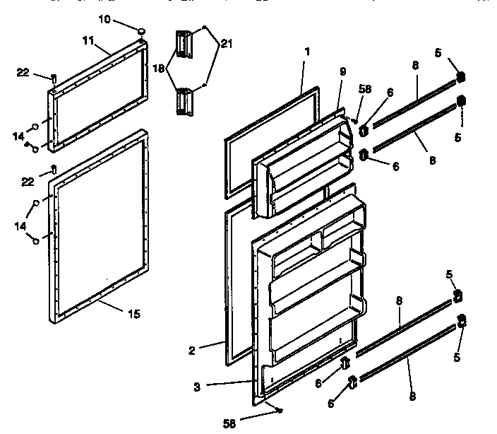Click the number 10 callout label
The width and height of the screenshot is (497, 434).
(x=104, y=20)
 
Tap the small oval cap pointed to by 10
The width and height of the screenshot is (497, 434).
(x=141, y=30)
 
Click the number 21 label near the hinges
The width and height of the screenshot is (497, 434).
(x=226, y=45)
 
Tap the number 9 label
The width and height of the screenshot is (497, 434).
(x=342, y=71)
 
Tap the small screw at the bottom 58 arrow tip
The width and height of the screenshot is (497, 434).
(x=280, y=410)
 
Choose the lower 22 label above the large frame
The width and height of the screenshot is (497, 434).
(x=27, y=182)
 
